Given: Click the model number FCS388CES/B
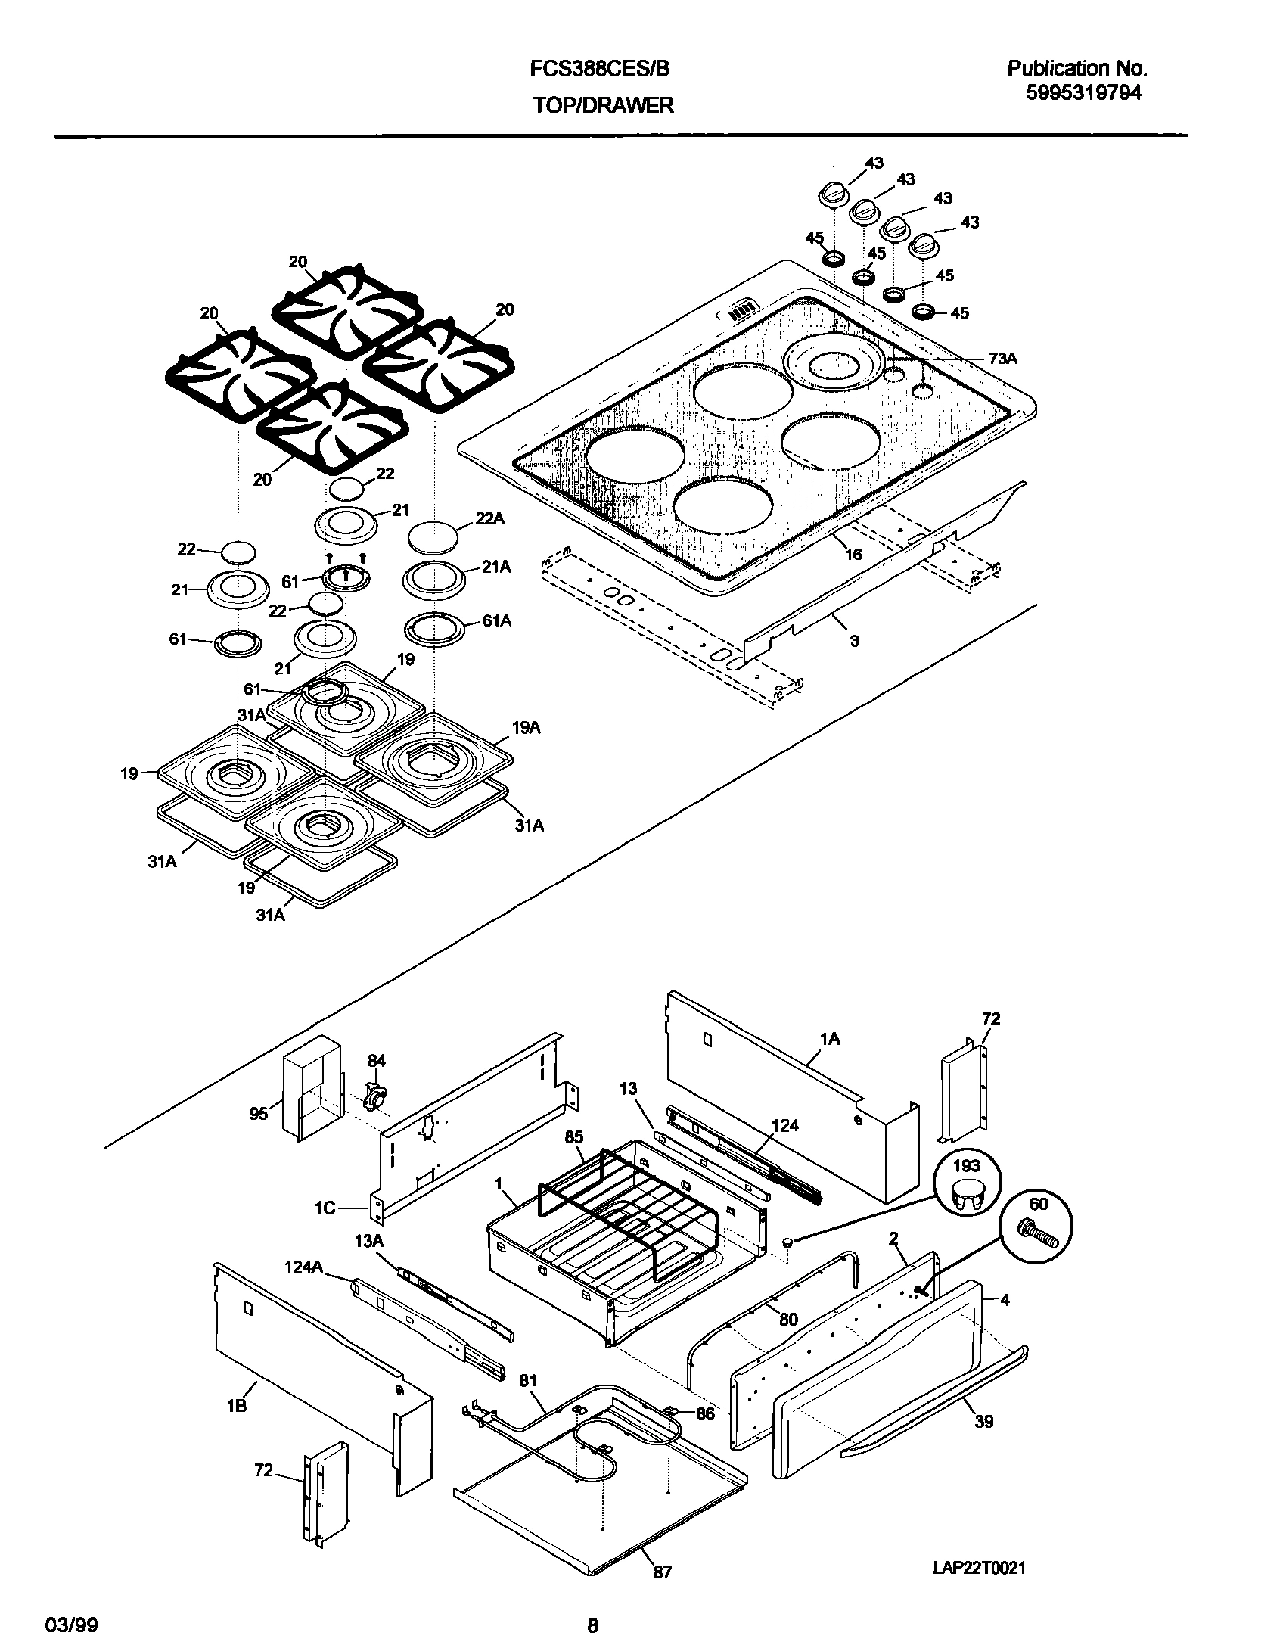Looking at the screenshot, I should (600, 69).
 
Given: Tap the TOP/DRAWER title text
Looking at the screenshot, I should (603, 105).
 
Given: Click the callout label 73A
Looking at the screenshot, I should (1002, 359).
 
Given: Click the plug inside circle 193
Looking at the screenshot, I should (967, 1198).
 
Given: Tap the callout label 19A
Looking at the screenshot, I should (526, 729).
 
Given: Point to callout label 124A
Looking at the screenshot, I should (304, 1267).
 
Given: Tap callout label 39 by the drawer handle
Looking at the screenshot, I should (983, 1421).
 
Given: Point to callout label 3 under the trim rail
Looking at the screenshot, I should (854, 641).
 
